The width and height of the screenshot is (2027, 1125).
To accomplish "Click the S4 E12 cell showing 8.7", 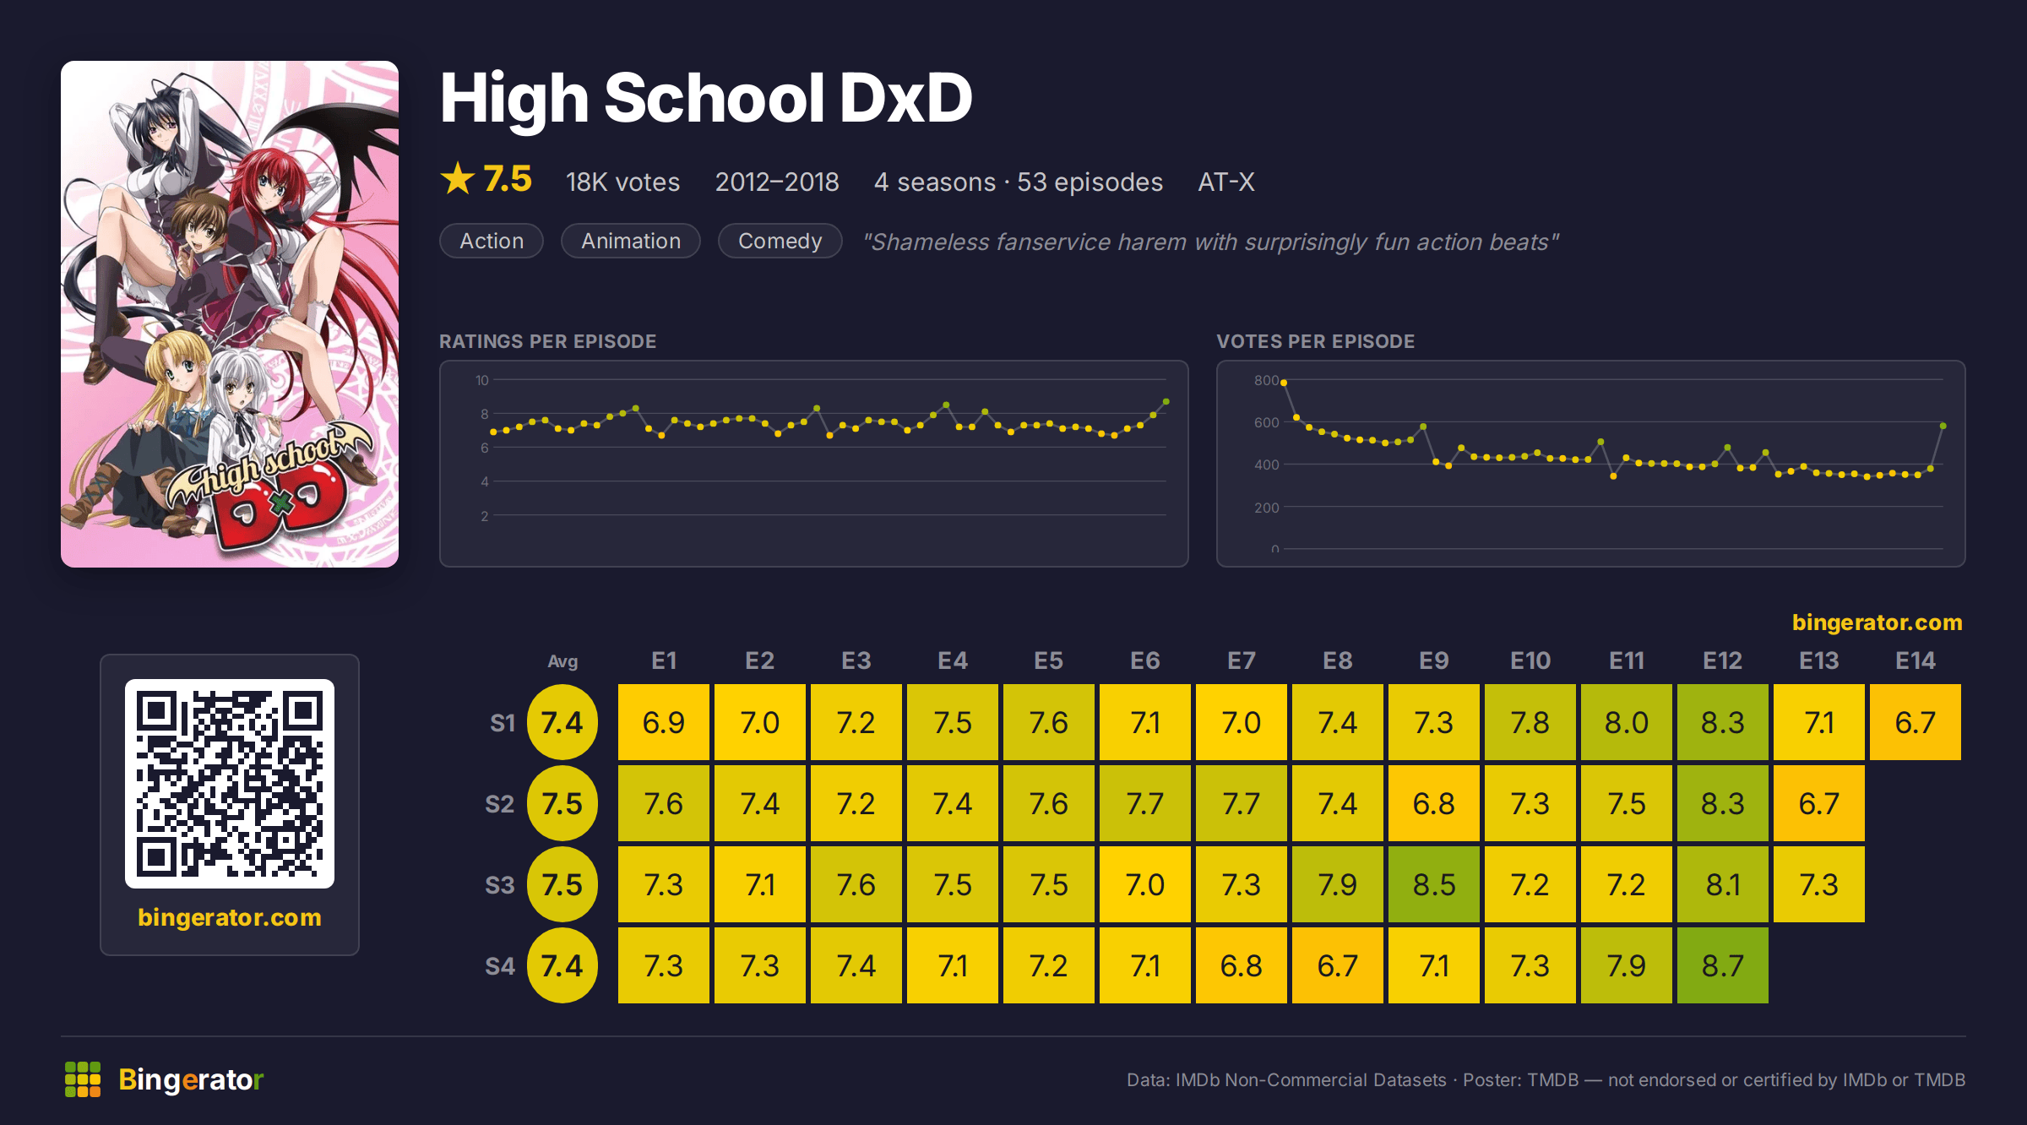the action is tap(1722, 965).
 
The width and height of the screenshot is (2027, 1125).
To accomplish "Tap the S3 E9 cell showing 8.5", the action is tap(1433, 884).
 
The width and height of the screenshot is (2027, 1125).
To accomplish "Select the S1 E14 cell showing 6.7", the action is tap(1915, 722).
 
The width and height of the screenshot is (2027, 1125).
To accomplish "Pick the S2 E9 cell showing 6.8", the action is tap(1433, 803).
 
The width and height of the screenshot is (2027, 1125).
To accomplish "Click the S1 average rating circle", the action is tap(562, 722).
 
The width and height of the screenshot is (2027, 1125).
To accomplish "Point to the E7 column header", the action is tap(1241, 660).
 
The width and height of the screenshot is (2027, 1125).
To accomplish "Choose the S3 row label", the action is tap(500, 884).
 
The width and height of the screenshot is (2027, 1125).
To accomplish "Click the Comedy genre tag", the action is tap(780, 241).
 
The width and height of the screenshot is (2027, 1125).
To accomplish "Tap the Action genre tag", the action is tap(492, 241).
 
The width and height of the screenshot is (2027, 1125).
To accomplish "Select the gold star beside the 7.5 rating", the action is tap(458, 178).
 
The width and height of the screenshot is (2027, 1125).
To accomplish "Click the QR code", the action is tap(230, 784).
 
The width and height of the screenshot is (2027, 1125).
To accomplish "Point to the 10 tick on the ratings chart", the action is tap(482, 380).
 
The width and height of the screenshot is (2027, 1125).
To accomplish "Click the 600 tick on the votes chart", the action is tap(1266, 422).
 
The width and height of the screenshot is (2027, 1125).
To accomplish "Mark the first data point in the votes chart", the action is tap(1284, 383).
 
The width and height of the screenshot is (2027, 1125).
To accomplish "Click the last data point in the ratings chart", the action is tap(1166, 402).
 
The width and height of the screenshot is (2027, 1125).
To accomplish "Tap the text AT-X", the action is tap(1226, 182).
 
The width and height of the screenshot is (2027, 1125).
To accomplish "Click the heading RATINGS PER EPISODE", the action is tap(547, 341).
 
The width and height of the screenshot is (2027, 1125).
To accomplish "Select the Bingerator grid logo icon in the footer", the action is tap(83, 1079).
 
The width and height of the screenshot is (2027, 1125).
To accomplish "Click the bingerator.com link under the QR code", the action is tap(230, 917).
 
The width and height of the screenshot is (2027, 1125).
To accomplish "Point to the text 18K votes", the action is tap(622, 182).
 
